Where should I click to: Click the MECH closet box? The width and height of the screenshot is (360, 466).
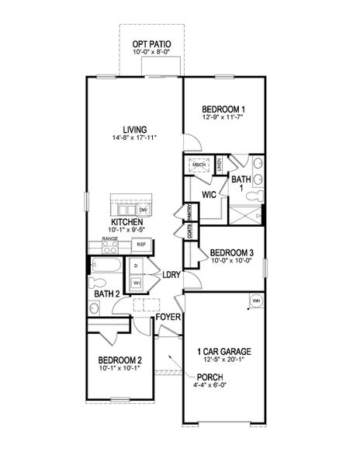(x=199, y=165)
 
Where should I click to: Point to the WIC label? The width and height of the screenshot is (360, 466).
(x=208, y=195)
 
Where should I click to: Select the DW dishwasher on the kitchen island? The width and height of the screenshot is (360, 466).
(x=143, y=210)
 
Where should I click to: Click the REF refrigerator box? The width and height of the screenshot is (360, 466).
(x=141, y=245)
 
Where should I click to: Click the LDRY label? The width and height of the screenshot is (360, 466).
(x=171, y=274)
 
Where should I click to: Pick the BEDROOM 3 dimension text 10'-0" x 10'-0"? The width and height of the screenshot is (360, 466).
(x=231, y=262)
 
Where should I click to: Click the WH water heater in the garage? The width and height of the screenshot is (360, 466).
(x=255, y=300)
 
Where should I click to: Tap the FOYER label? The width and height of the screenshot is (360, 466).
(x=169, y=317)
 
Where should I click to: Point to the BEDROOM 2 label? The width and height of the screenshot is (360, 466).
(x=119, y=360)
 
